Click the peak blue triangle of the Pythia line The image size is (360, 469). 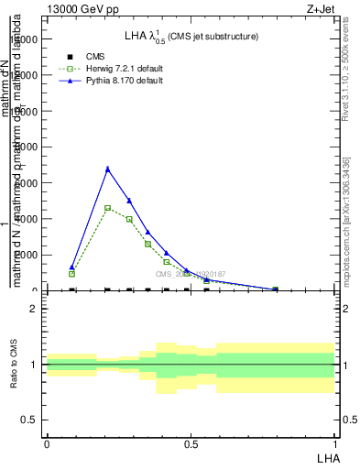[108, 169]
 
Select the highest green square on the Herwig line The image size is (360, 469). [108, 208]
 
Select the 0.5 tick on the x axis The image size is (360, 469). [191, 443]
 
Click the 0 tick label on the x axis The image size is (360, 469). [47, 443]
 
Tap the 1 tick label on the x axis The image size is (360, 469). [335, 443]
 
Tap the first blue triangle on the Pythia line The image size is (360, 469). [72, 267]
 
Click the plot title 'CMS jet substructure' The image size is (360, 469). [216, 37]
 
